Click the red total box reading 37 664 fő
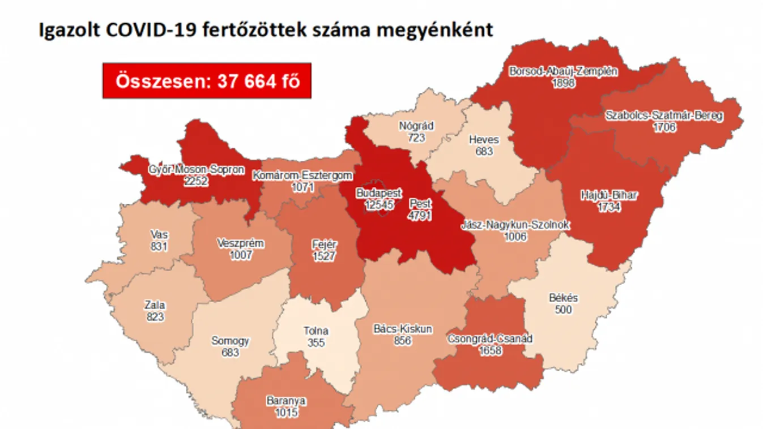[207, 81]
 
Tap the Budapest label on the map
[378, 193]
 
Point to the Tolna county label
[316, 331]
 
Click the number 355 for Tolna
[316, 342]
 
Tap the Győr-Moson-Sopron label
[196, 170]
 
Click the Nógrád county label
[416, 126]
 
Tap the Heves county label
[484, 140]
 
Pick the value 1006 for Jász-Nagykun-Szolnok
[515, 237]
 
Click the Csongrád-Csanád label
[490, 339]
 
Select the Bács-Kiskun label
[403, 329]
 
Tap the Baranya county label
[285, 401]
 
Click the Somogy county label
[230, 341]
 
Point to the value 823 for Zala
[155, 316]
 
